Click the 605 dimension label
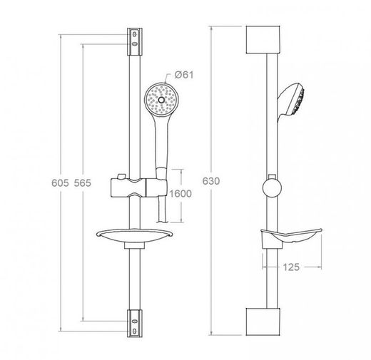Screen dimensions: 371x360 pos(60,182)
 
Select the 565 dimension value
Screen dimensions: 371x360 pos(83,182)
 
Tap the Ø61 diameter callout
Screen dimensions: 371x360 pos(184,75)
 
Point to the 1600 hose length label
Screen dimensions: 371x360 pos(181,194)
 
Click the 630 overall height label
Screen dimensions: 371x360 pos(211,181)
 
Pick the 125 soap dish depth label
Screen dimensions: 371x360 pos(291,267)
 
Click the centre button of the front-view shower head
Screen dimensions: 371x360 pos(161,100)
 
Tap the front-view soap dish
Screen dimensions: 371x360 pos(134,236)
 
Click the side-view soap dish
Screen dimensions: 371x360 pos(291,237)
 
